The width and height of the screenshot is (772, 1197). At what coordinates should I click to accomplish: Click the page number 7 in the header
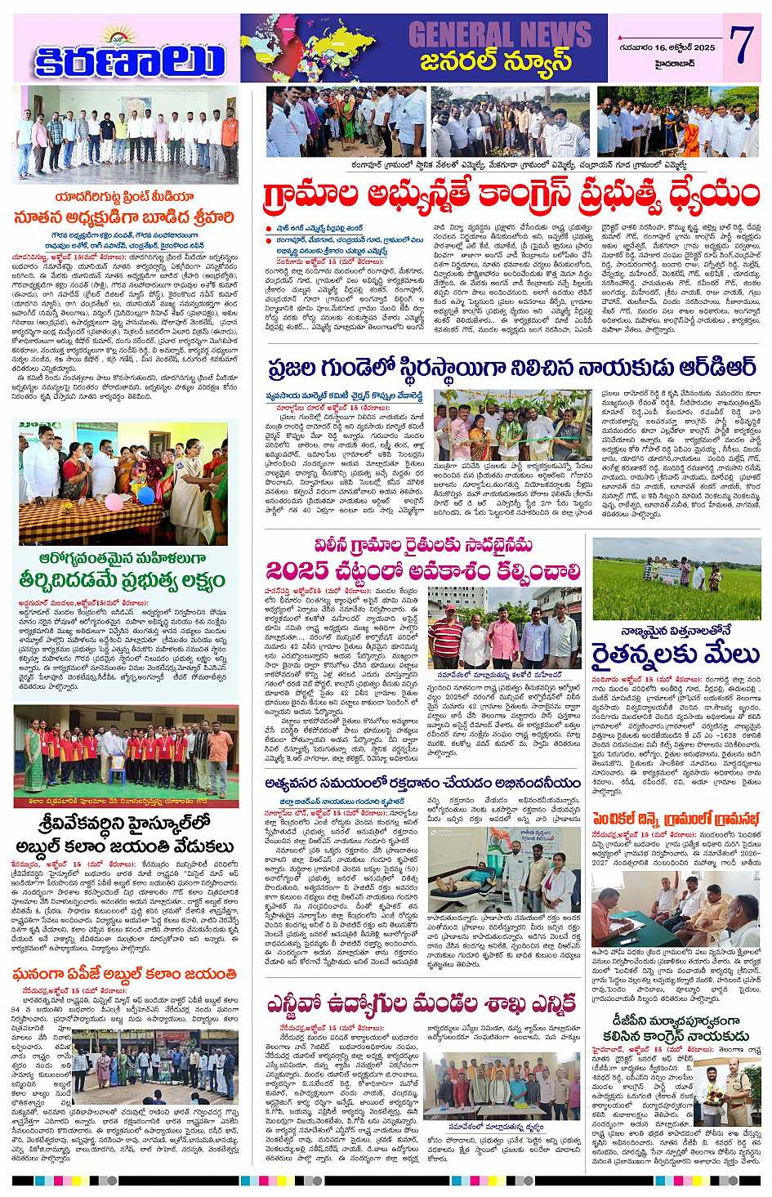[742, 47]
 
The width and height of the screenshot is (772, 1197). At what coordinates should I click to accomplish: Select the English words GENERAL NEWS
[498, 33]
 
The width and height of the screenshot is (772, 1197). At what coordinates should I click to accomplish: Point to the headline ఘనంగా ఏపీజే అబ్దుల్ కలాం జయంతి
[124, 974]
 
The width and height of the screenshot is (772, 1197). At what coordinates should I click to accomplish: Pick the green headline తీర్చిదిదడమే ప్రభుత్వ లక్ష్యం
[124, 579]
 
